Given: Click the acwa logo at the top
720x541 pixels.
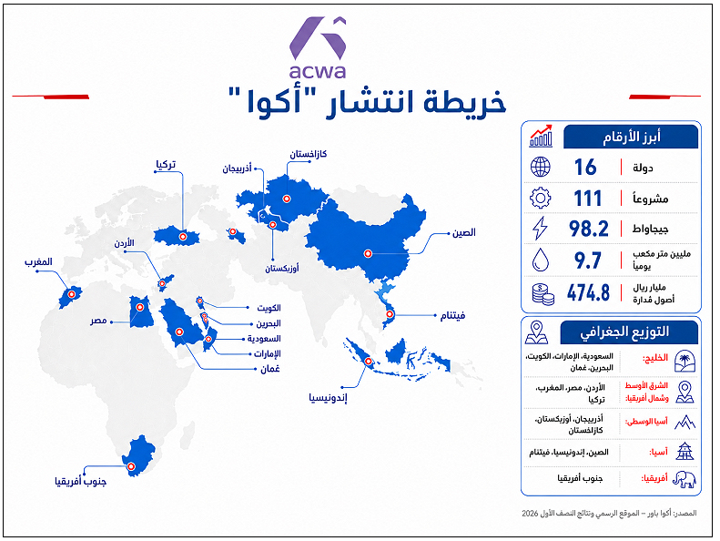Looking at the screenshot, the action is (318, 47).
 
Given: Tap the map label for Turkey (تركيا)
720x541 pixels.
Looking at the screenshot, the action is (166, 165).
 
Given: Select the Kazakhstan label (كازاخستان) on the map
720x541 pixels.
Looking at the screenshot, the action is (308, 154).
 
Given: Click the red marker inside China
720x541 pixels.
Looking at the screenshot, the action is (368, 253).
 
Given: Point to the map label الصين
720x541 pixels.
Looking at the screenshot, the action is (464, 232).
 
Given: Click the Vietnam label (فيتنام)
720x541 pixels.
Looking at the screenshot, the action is (452, 315).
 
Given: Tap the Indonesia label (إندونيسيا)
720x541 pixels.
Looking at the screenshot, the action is (328, 398).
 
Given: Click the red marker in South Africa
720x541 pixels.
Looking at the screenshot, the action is (131, 466).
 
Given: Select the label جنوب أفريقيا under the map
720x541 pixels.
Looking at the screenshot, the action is (81, 481).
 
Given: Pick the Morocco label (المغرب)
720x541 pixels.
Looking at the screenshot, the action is (38, 262).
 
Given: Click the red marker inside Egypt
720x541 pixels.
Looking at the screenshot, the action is (140, 307).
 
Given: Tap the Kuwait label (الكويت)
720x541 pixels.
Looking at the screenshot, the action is (269, 308).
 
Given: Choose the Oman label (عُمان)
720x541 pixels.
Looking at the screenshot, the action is (270, 369).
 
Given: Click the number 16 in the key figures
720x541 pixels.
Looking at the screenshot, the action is (585, 167).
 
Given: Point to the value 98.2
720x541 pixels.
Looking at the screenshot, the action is (588, 229).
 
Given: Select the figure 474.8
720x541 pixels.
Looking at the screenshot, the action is (588, 292).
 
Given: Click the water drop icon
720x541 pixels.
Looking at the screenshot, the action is (541, 260).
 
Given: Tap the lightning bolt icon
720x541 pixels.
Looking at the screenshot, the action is (540, 228).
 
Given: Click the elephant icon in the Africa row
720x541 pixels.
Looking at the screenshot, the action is (685, 479).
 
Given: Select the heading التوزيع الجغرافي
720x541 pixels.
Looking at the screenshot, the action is (624, 332).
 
